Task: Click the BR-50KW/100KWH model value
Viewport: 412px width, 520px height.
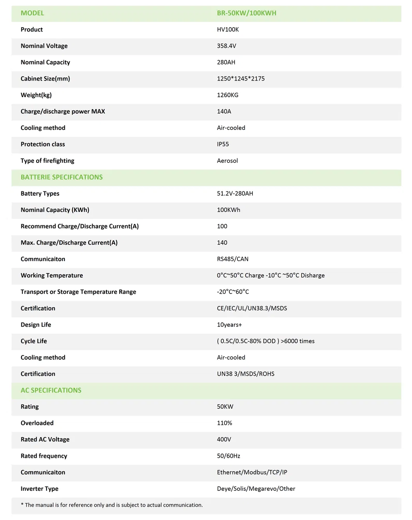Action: pos(246,13)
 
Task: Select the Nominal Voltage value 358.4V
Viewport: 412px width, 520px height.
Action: pos(226,46)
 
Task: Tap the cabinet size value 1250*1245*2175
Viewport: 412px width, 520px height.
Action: pos(241,79)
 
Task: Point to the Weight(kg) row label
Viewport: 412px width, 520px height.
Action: pos(36,95)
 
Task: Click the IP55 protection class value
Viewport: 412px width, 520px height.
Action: pos(223,144)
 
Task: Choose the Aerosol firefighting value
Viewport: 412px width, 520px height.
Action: pos(227,161)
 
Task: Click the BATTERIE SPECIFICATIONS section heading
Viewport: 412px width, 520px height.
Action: pos(61,177)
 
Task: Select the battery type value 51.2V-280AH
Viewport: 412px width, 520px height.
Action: pos(235,194)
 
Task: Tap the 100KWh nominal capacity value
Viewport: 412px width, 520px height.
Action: pos(228,210)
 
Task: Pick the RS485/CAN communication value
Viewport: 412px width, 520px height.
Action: pos(232,259)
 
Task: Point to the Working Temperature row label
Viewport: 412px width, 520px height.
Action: pos(52,275)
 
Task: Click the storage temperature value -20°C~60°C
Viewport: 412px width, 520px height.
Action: pos(233,292)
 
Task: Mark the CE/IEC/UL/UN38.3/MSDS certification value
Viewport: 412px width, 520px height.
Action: pos(252,308)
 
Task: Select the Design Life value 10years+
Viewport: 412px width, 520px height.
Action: pos(229,325)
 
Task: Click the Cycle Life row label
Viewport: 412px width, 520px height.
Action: pos(34,341)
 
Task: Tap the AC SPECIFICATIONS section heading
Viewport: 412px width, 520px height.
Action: pos(51,390)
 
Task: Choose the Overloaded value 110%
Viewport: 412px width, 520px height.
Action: pos(224,423)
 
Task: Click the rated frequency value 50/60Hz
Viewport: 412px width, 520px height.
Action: pos(228,456)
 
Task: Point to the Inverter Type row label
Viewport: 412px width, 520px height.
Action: pos(39,489)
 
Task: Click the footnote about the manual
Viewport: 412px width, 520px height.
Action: pos(112,505)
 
